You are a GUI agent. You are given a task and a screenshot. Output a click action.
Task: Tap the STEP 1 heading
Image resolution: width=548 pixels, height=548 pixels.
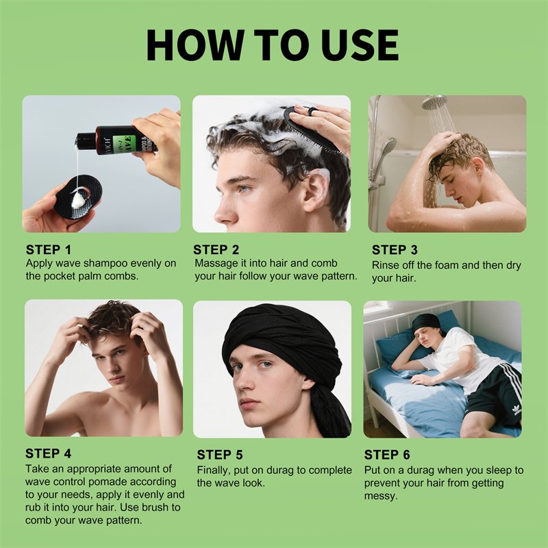[49, 250]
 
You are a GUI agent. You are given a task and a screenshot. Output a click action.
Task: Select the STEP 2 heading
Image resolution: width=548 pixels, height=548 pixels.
[216, 250]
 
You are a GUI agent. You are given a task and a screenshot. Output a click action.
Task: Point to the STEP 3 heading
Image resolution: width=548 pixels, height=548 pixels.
[395, 250]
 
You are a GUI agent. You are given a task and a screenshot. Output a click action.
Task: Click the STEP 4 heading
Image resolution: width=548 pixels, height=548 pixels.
[48, 453]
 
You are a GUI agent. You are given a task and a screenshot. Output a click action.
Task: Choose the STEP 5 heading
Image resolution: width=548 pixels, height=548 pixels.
[219, 455]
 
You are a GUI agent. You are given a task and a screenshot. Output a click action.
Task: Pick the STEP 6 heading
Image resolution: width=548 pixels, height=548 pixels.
[387, 455]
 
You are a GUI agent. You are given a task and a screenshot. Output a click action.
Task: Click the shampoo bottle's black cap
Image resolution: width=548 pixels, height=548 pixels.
[86, 139]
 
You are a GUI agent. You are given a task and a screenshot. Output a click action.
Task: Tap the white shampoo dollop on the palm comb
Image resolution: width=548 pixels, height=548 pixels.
[78, 200]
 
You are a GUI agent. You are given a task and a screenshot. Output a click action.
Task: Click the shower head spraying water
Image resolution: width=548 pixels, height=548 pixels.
[434, 101]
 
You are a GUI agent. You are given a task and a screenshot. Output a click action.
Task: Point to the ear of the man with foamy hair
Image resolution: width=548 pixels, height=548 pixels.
[315, 192]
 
